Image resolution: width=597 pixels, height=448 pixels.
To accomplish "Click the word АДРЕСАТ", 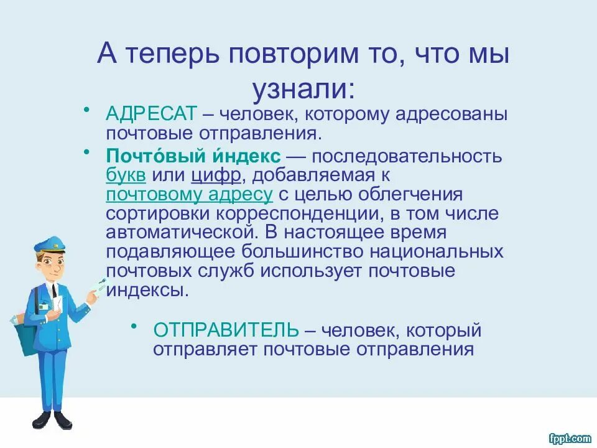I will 152,114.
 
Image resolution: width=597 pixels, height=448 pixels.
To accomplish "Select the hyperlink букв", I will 126,174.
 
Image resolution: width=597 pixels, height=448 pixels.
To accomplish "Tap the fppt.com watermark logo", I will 570,439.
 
